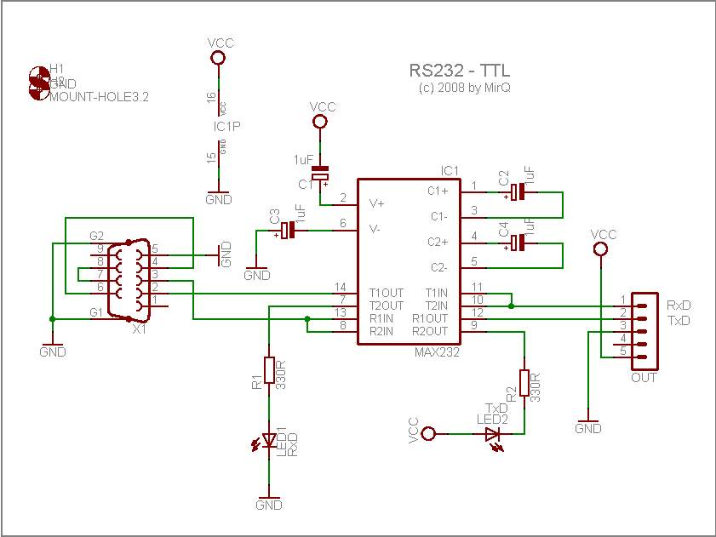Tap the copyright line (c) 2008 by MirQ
(x=465, y=87)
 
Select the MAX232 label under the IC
(x=437, y=351)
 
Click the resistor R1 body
(x=269, y=370)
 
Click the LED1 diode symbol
(x=269, y=440)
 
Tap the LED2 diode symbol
(x=493, y=434)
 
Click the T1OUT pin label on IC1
(x=386, y=292)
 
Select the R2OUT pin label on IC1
(x=430, y=330)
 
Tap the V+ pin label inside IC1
(x=376, y=203)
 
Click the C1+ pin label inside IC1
(x=438, y=191)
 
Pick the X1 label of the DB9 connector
(x=140, y=329)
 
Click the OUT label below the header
(x=644, y=377)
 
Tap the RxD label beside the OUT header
(x=679, y=305)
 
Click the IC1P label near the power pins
(x=226, y=126)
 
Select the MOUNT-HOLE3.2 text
(x=100, y=97)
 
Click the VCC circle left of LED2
(x=430, y=434)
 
